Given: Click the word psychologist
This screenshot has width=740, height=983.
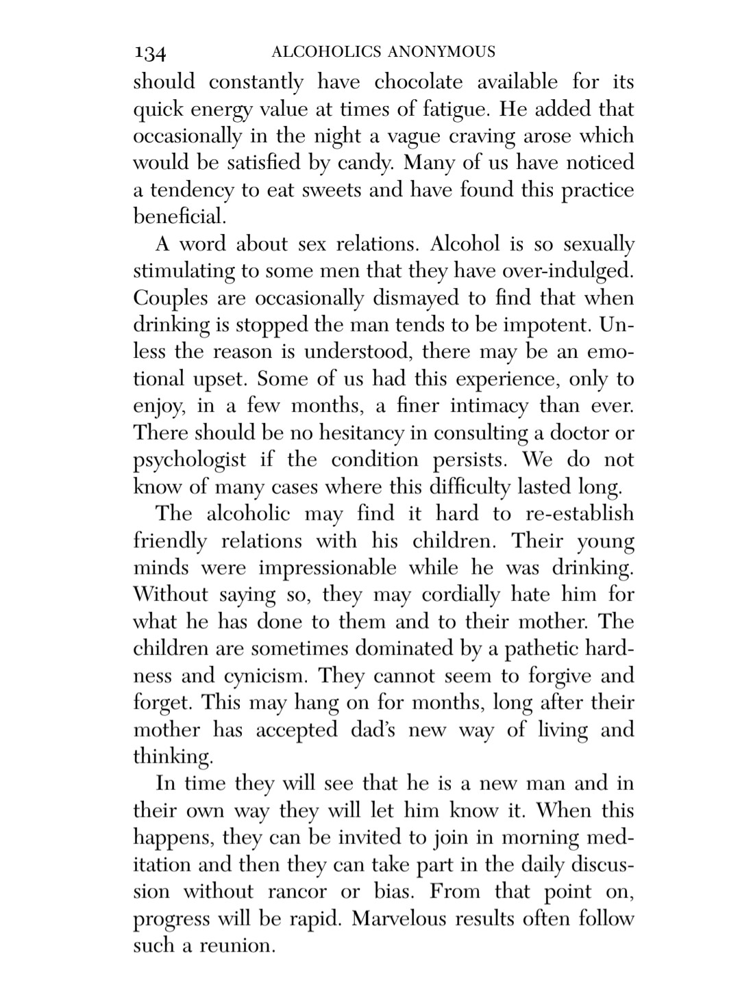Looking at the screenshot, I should coord(189,460).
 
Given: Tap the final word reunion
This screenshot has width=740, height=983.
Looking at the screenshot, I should coord(237,946).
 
